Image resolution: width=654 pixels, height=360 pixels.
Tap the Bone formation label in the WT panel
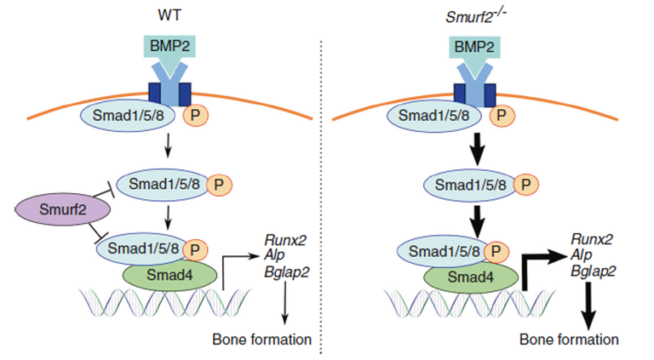click(x=261, y=340)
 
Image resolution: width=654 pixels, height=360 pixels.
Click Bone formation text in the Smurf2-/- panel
click(x=569, y=340)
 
